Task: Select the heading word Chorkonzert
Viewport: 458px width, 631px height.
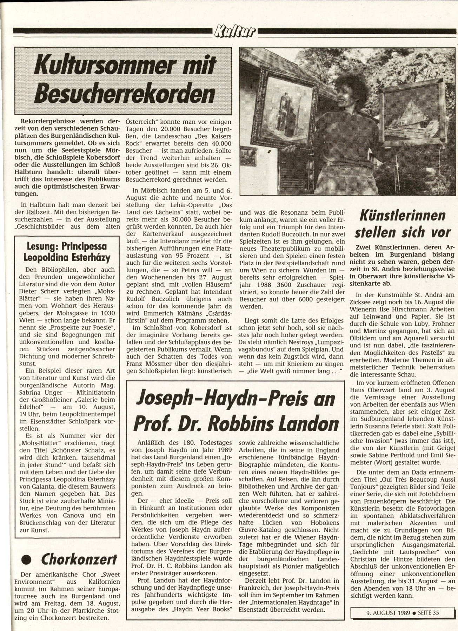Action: pyautogui.click(x=79, y=559)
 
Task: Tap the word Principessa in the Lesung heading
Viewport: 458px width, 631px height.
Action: pyautogui.click(x=86, y=246)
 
